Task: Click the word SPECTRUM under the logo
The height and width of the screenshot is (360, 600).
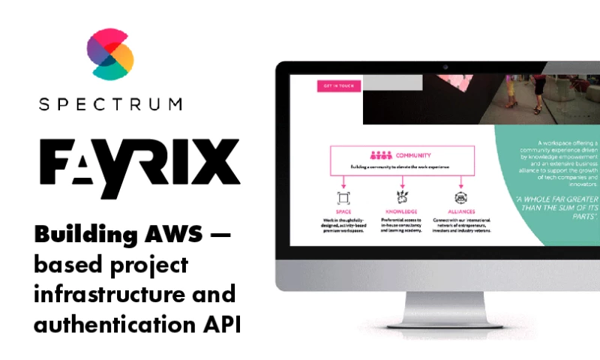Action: pos(109,104)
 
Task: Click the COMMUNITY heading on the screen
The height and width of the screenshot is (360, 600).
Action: pos(414,155)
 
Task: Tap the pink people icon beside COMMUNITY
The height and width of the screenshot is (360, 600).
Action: pos(381,155)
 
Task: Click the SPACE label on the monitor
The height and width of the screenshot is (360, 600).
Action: pos(343,212)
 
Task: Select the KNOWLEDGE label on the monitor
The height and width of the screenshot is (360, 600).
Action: pos(403,212)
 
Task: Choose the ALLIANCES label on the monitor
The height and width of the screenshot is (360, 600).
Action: pos(461,212)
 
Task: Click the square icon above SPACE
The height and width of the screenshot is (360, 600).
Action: pos(343,197)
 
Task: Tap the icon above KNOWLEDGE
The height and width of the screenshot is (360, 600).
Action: pos(403,197)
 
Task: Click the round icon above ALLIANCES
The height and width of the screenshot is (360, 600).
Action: pos(461,197)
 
